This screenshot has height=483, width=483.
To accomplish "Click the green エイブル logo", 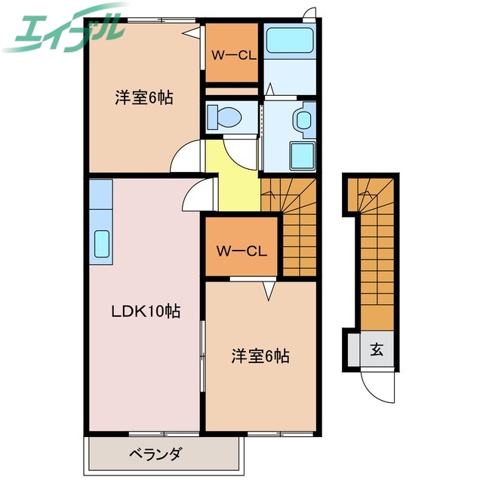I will point(64,30).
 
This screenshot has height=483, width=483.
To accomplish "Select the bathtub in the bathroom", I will point(289,39).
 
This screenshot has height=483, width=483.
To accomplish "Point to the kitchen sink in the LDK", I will point(100,244).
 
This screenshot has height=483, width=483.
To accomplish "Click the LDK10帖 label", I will point(146,311).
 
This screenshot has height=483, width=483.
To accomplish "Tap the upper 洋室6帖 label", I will point(143,97).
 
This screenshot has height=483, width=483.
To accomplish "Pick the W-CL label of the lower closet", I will point(239,250).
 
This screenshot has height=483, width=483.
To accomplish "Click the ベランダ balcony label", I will point(155,454).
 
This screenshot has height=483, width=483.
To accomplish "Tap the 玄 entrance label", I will point(376,349).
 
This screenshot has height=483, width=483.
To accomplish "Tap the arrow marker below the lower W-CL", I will point(268,288).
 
